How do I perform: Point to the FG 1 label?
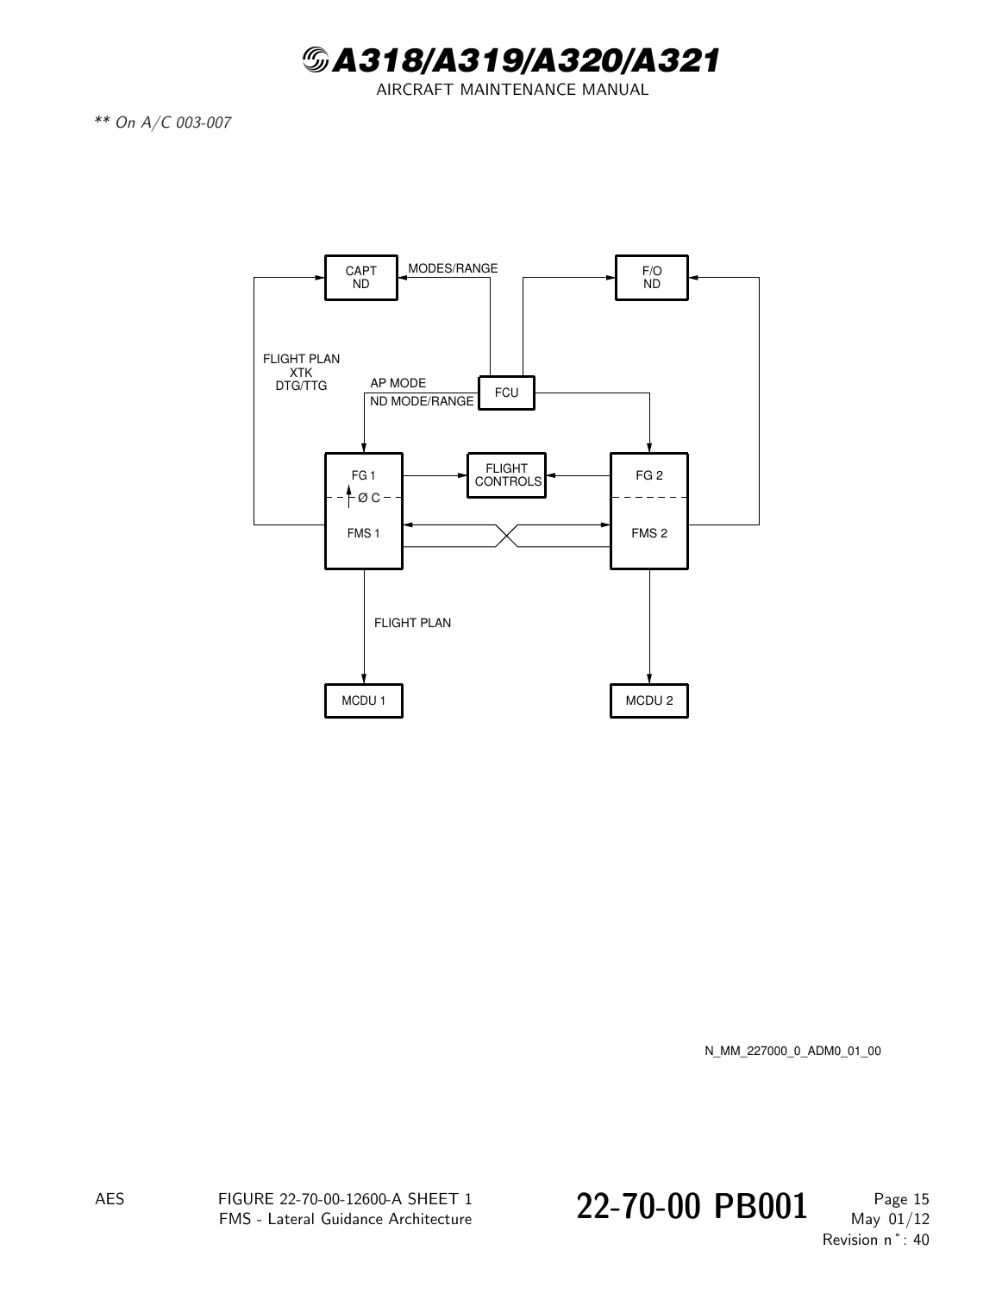click(x=363, y=475)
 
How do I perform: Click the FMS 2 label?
click(x=649, y=533)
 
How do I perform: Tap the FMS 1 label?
click(x=363, y=533)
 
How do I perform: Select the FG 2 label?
click(x=649, y=475)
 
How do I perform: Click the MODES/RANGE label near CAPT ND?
click(x=453, y=268)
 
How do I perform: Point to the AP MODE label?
click(x=398, y=383)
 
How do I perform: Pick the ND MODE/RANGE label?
click(x=422, y=401)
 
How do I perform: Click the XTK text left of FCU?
click(x=301, y=372)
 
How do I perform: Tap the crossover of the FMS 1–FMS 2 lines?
click(x=506, y=536)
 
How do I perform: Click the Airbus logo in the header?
click(x=316, y=60)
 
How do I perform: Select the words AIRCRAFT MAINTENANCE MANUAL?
click(x=512, y=90)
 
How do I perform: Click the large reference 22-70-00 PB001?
click(x=692, y=1207)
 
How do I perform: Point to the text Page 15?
click(x=901, y=1199)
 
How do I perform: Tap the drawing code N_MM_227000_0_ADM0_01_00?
click(x=792, y=1051)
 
